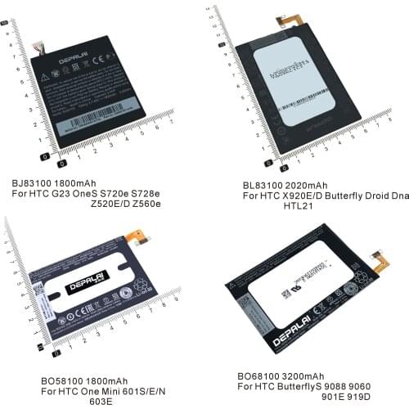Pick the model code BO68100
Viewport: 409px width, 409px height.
point(258,375)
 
